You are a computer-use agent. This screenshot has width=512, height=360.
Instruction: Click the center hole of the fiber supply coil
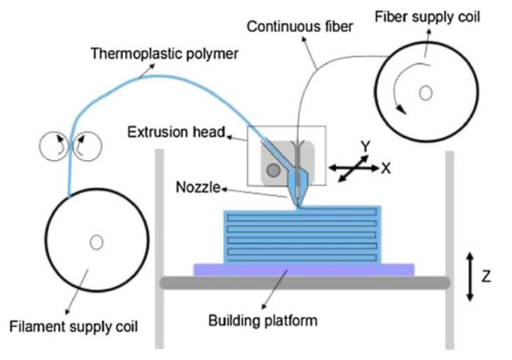[424, 92]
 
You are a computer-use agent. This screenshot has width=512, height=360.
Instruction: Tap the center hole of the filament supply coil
[96, 243]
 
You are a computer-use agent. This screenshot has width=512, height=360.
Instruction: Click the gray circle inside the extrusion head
[270, 170]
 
